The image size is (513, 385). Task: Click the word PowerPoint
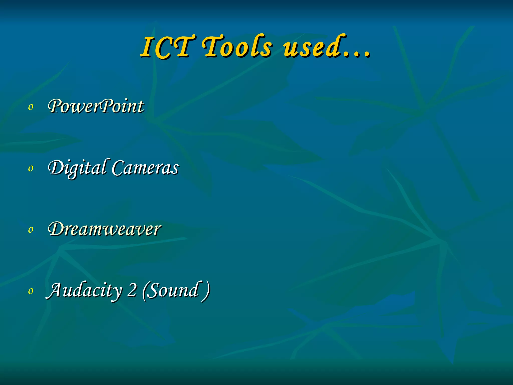point(96,106)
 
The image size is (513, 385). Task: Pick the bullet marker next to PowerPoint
point(31,107)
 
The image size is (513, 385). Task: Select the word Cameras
point(145,168)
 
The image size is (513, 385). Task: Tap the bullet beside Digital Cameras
point(31,168)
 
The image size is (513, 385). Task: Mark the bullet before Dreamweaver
point(31,230)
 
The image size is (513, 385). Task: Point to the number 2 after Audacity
point(132,290)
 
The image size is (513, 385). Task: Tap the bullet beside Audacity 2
point(31,291)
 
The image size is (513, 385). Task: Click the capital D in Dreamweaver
point(57,229)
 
